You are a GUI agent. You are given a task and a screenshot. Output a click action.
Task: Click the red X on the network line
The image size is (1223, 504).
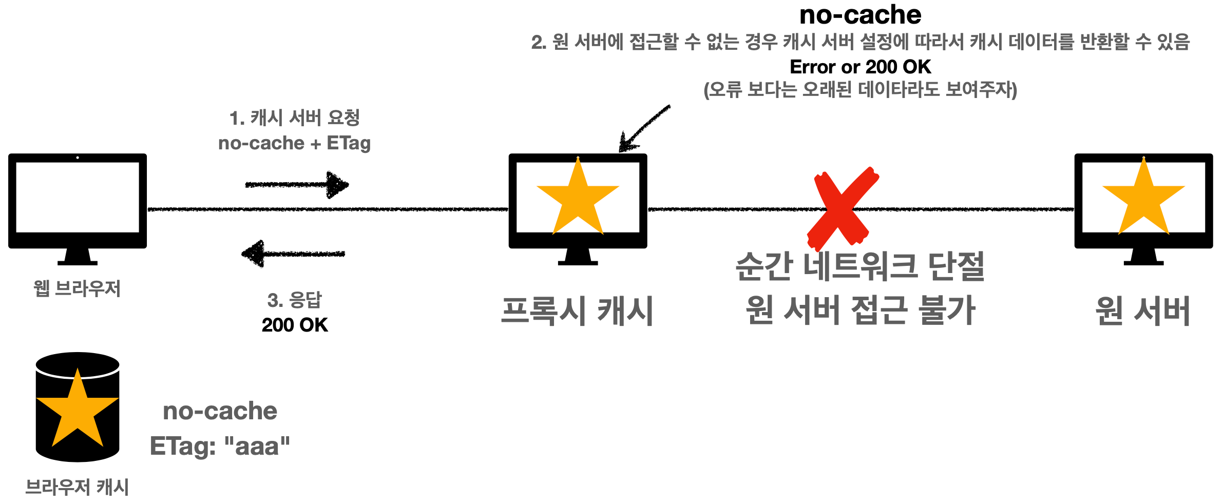pos(843,207)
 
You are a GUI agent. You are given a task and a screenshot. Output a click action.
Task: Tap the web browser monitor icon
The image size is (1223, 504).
pos(78,201)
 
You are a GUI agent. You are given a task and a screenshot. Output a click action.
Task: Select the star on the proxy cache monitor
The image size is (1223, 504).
pos(578,198)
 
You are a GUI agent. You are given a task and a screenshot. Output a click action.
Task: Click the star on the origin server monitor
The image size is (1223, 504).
pos(1143,198)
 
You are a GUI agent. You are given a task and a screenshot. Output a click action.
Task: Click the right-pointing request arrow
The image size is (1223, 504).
pos(297,184)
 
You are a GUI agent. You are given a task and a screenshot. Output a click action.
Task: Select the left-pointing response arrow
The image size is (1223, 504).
pos(293,254)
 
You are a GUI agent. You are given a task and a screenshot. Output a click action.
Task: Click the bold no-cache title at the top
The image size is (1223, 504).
pos(860,15)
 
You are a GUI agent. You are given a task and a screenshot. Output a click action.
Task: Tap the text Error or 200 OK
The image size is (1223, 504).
pos(860,67)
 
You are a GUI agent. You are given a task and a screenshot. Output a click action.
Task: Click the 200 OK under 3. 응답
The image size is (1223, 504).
pos(295,325)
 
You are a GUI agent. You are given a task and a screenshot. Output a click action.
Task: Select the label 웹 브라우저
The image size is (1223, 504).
pos(77,288)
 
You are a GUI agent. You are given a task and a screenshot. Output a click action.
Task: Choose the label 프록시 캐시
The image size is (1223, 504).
pos(577,311)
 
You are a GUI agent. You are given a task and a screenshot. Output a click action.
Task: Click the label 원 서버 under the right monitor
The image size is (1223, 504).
pos(1143,311)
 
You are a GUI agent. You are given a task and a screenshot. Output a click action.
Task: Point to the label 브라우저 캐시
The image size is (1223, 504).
pos(77,487)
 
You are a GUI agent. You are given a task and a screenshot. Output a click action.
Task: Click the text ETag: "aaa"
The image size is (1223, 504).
pos(220,446)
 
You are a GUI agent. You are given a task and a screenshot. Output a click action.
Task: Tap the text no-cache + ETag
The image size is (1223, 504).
pos(294,143)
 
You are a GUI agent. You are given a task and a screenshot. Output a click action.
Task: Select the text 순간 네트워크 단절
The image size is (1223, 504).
pos(860,266)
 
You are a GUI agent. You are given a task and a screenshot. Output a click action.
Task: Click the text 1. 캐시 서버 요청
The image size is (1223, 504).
pos(294,118)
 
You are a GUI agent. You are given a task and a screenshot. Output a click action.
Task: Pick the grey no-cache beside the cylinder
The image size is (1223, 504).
pos(220,411)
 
